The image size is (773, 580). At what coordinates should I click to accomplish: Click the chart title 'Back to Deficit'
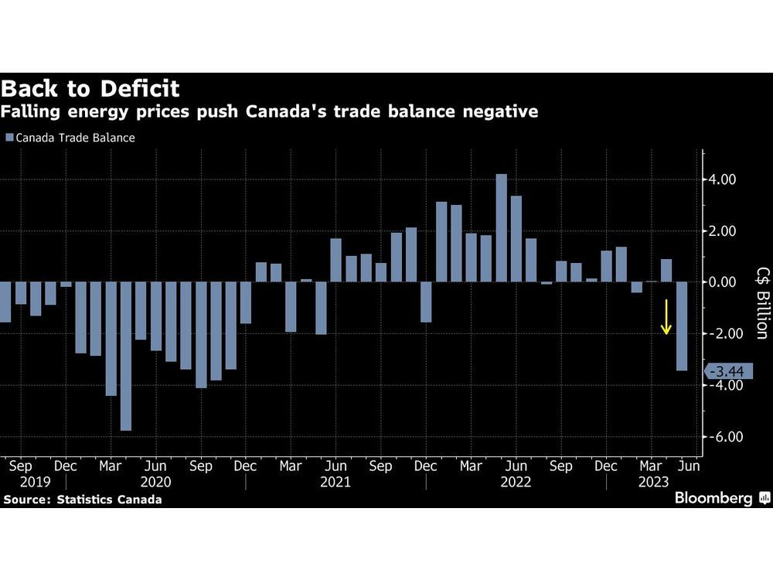pyautogui.click(x=91, y=87)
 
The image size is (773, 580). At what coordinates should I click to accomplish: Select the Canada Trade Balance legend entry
pyautogui.click(x=70, y=138)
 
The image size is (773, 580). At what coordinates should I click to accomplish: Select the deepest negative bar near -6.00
pyautogui.click(x=126, y=356)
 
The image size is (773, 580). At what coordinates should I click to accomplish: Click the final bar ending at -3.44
pyautogui.click(x=681, y=326)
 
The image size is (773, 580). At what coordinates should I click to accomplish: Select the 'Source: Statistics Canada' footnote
pyautogui.click(x=83, y=500)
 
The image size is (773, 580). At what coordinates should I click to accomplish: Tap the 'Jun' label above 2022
pyautogui.click(x=516, y=466)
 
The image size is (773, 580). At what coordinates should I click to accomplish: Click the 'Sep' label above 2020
pyautogui.click(x=201, y=466)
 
